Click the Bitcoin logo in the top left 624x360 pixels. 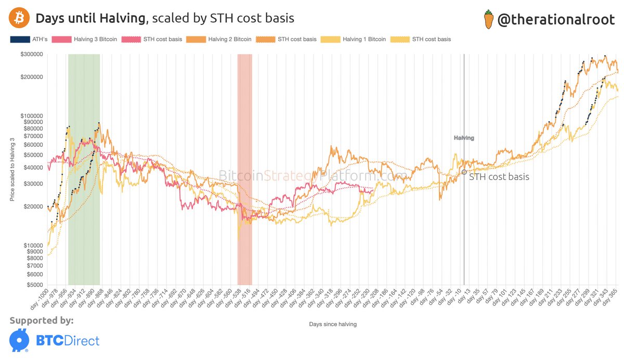(18, 18)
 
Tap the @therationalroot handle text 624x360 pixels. (556, 20)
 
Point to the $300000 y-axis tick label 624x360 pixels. (32, 54)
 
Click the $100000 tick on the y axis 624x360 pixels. (32, 115)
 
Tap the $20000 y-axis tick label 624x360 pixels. (33, 207)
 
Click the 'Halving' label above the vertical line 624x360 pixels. (464, 138)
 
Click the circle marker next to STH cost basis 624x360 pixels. (464, 172)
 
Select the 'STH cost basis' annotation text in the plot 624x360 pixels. (499, 177)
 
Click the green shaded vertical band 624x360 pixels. (84, 156)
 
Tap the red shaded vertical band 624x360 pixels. (244, 156)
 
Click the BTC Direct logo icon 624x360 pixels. (19, 341)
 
